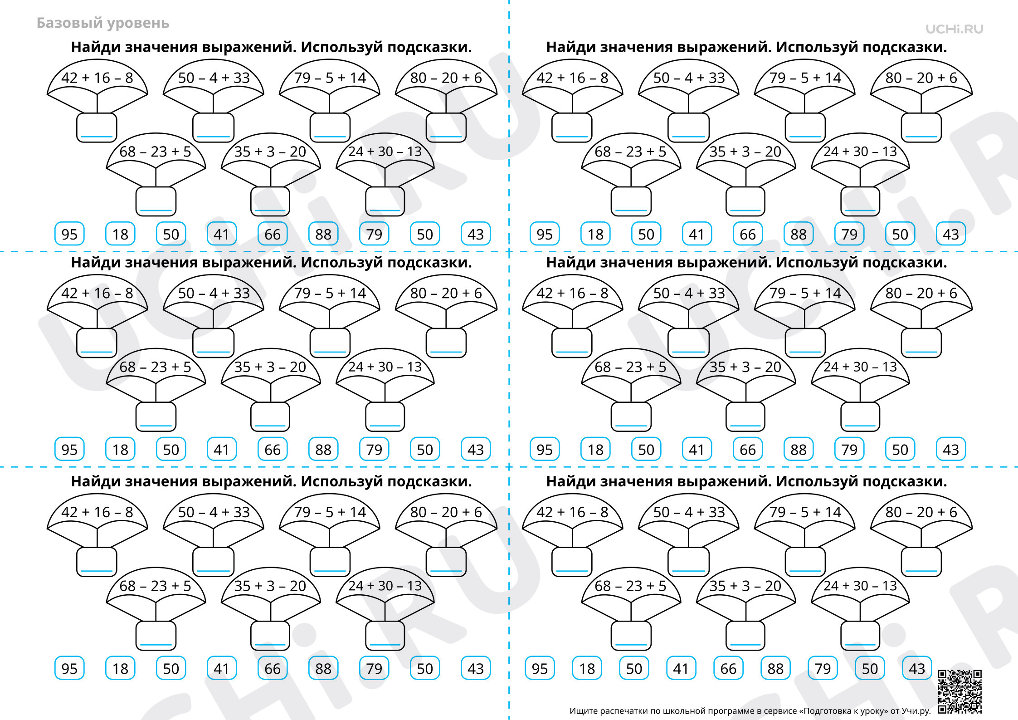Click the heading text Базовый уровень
pos(103,23)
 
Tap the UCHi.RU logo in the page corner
pos(954,29)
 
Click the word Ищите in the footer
pos(583,711)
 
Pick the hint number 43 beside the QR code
pos(917,668)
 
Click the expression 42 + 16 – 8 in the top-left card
pos(97,78)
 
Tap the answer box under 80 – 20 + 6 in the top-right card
pos(921,127)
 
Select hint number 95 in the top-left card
pos(69,234)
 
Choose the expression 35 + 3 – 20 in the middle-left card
pos(270,367)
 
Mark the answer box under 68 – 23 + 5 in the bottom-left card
pos(156,635)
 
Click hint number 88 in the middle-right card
pos(799,450)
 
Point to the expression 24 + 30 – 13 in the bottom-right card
pos(860,586)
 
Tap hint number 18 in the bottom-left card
pos(120,668)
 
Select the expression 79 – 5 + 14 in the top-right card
pos(805,78)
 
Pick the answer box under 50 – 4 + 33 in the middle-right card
pos(688,343)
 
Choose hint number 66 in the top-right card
pos(748,234)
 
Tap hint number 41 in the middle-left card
pos(221,450)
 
